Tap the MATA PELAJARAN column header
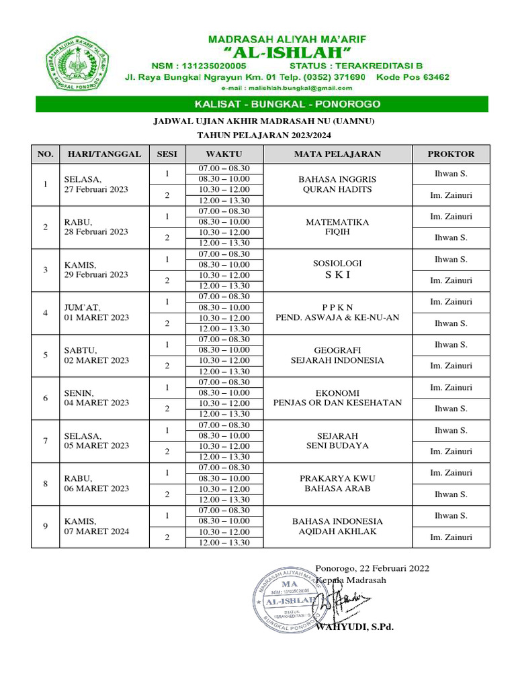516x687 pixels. click(337, 154)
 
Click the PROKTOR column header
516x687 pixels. click(451, 154)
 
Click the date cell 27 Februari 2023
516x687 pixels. click(96, 190)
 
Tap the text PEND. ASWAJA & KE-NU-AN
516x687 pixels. click(337, 317)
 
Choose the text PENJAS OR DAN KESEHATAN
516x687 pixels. click(337, 403)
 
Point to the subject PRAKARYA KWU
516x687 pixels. click(337, 478)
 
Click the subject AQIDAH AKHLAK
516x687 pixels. click(337, 531)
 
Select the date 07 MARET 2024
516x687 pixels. click(96, 531)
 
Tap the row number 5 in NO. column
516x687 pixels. click(46, 355)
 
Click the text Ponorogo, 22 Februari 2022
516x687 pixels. click(372, 568)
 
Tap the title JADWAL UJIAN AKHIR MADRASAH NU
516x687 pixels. click(263, 121)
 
